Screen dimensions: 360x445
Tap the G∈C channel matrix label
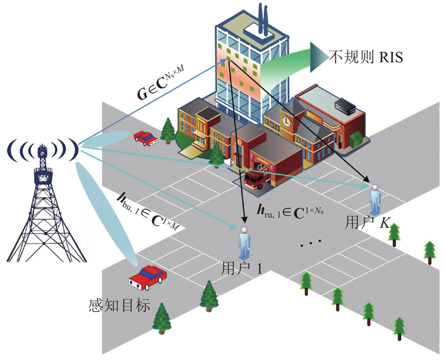click(x=164, y=79)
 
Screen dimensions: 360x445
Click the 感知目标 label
click(x=119, y=305)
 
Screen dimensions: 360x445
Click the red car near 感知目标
click(x=148, y=277)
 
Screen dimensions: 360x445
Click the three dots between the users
click(x=311, y=243)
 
